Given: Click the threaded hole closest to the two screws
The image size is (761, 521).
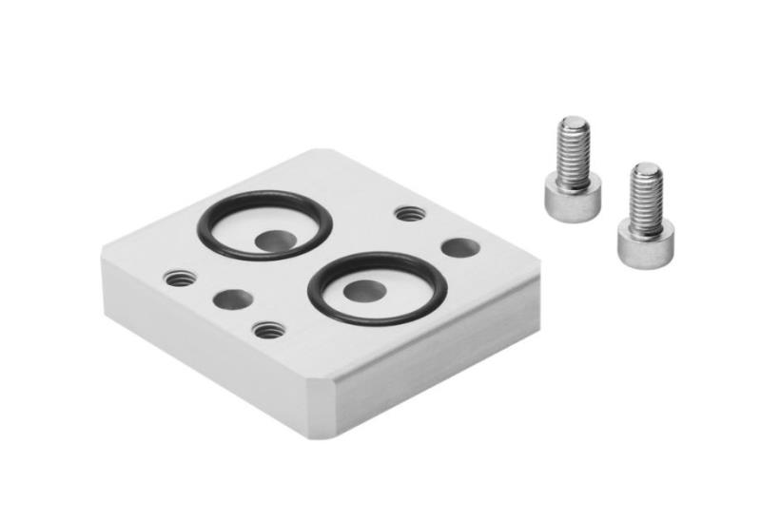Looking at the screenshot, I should coord(410,213).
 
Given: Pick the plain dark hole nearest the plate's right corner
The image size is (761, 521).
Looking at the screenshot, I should coord(459,248).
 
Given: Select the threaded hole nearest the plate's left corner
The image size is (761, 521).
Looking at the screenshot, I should coord(180,279).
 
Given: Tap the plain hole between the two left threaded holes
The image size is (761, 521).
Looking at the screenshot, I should coord(233,300).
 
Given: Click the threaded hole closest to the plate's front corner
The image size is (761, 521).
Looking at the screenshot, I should coord(269,329).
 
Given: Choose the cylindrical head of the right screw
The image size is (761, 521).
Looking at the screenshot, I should coord(646,243).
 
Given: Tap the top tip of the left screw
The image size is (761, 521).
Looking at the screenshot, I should coord(574,123).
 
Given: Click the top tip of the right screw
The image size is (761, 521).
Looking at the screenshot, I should coord(648,169).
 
